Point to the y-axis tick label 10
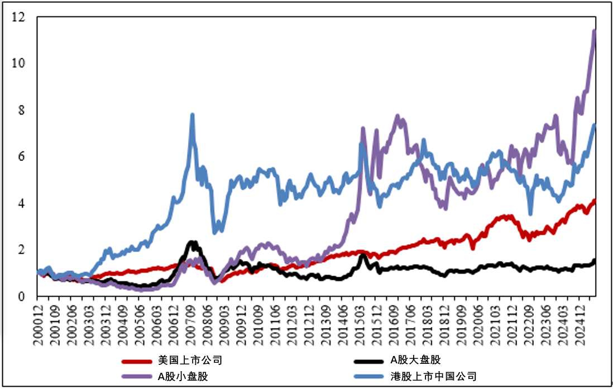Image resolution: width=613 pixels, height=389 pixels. pyautogui.click(x=19, y=64)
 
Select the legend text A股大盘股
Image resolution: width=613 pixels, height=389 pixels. pyautogui.click(x=415, y=360)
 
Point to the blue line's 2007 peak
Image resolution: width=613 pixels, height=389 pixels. pyautogui.click(x=193, y=115)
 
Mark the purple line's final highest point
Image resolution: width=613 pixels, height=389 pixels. pyautogui.click(x=595, y=31)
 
